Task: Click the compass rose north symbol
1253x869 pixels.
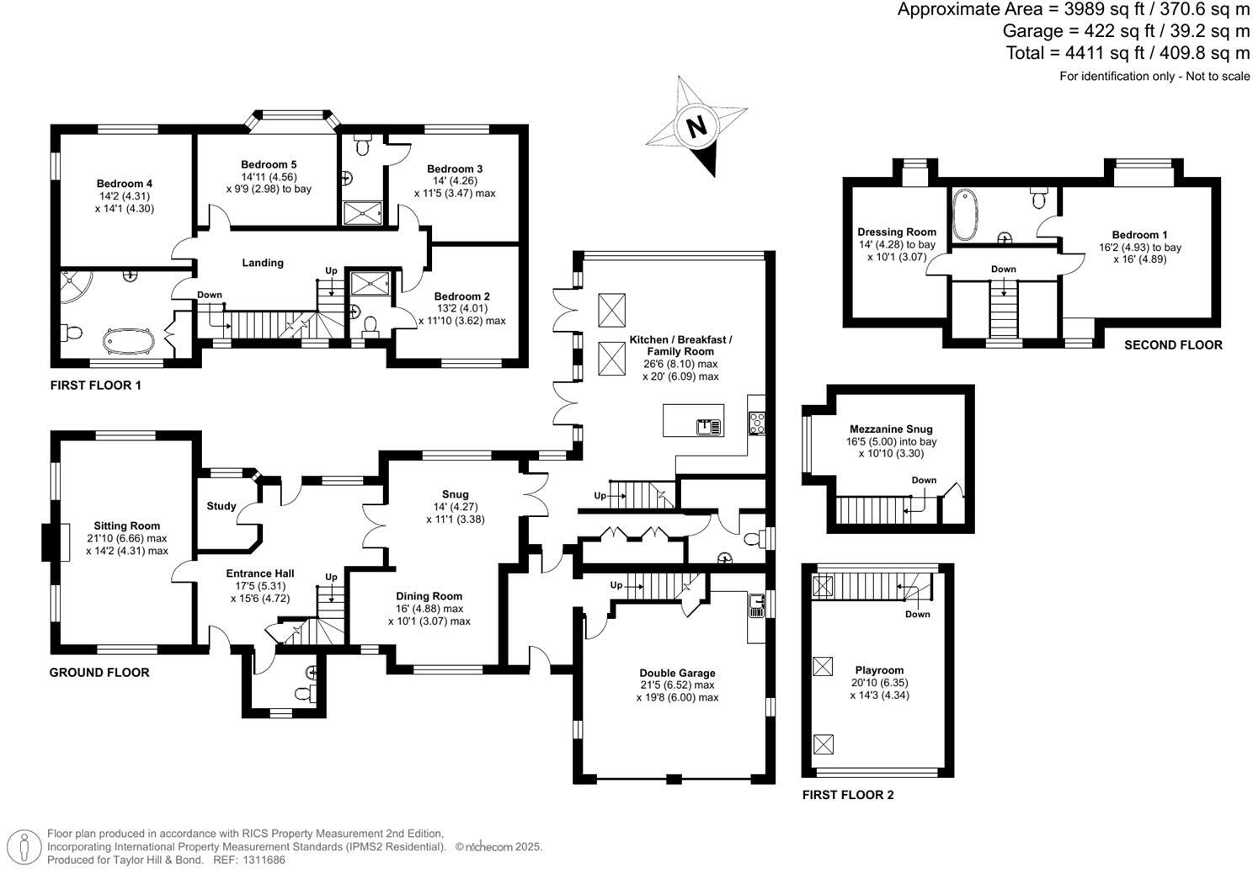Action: pos(696,126)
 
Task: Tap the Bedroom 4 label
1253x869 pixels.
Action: pos(124,184)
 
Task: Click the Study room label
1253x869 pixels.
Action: pos(221,506)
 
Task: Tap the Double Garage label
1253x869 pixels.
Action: pos(677,673)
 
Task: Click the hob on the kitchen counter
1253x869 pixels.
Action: pos(756,422)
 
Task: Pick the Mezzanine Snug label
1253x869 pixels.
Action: pos(891,429)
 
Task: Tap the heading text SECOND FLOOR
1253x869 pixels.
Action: pos(1173,345)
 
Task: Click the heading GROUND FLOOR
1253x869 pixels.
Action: pos(99,673)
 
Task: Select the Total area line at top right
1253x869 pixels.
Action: pos(1128,53)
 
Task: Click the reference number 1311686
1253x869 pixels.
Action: pos(262,860)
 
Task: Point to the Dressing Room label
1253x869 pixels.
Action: pos(897,232)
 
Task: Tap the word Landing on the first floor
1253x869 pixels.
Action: pos(263,263)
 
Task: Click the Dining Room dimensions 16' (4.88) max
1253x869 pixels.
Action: pos(429,609)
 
